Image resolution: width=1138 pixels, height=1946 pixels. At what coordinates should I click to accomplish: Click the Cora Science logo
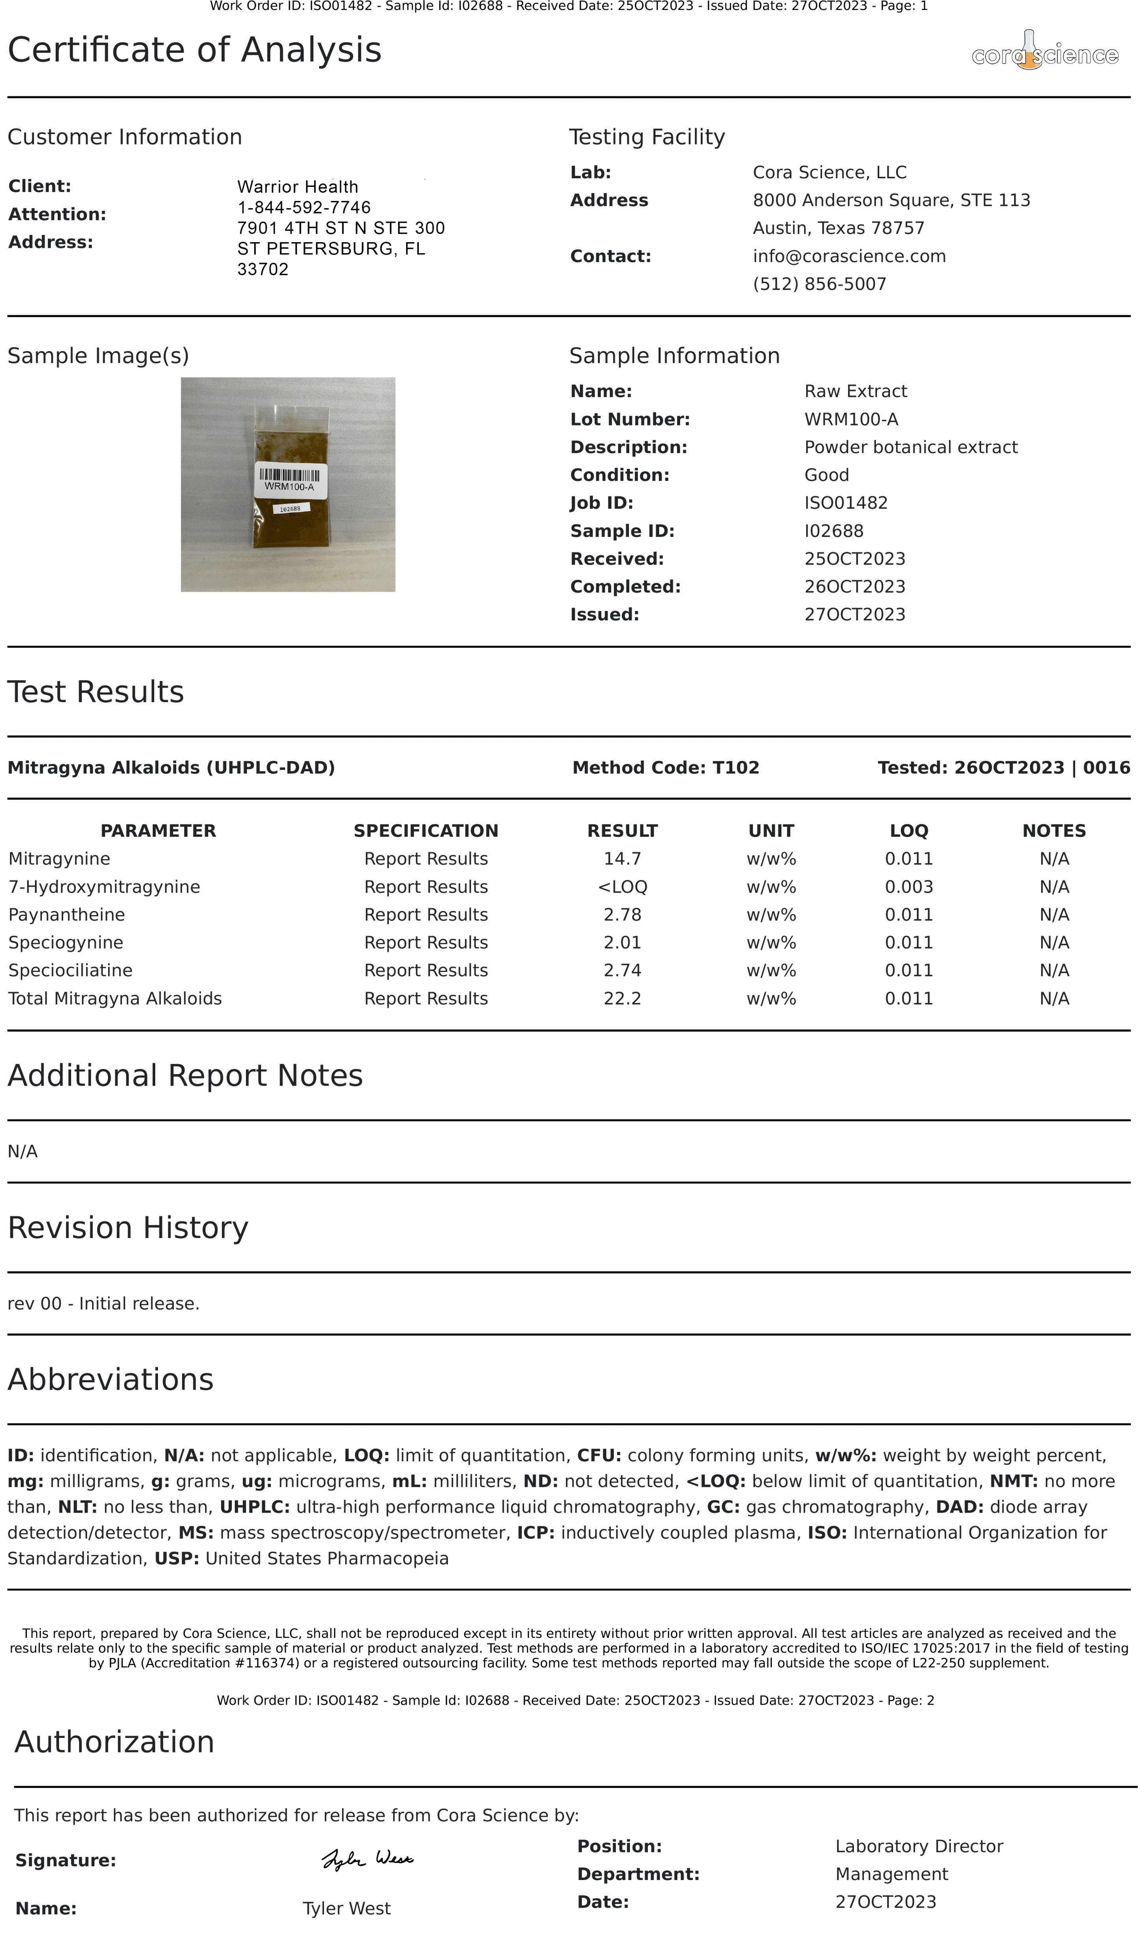pyautogui.click(x=1044, y=53)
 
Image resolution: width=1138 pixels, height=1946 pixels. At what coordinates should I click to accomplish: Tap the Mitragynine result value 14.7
pyautogui.click(x=622, y=859)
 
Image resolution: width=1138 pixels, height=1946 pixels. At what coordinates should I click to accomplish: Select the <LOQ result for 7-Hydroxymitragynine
pyautogui.click(x=622, y=886)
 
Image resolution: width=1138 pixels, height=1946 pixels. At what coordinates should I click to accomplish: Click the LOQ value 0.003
pyautogui.click(x=909, y=886)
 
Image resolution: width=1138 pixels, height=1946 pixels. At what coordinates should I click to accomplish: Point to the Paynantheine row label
pyautogui.click(x=66, y=914)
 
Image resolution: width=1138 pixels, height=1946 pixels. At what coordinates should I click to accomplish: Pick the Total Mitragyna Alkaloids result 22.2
pyautogui.click(x=622, y=999)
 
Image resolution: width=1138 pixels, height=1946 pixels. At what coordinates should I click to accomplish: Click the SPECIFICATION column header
pyautogui.click(x=425, y=831)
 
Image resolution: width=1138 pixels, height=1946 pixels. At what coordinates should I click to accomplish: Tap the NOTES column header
pyautogui.click(x=1054, y=831)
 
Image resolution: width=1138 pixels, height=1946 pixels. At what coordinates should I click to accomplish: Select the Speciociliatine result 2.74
pyautogui.click(x=622, y=971)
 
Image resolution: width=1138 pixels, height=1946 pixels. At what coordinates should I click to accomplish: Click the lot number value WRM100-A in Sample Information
pyautogui.click(x=851, y=419)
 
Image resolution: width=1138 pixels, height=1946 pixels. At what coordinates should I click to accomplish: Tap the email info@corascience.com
pyautogui.click(x=848, y=256)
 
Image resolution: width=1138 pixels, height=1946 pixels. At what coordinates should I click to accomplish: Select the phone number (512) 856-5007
pyautogui.click(x=819, y=284)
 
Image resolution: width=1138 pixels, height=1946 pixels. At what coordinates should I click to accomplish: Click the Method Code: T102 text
pyautogui.click(x=666, y=768)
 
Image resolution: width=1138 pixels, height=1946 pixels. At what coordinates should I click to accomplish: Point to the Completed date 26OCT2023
pyautogui.click(x=855, y=587)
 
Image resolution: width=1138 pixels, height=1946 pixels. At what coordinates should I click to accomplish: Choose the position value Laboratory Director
pyautogui.click(x=919, y=1846)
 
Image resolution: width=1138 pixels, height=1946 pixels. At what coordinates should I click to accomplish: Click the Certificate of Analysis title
pyautogui.click(x=195, y=50)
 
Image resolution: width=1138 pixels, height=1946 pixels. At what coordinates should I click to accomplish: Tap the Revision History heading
pyautogui.click(x=128, y=1228)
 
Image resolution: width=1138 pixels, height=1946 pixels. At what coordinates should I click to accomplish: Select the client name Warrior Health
pyautogui.click(x=297, y=187)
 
